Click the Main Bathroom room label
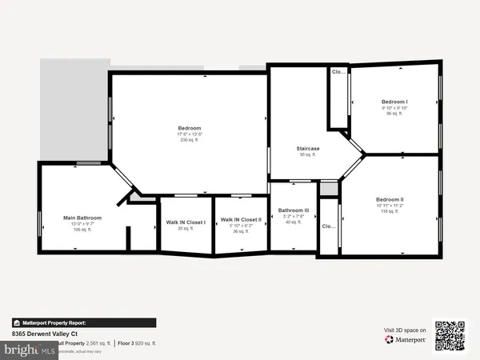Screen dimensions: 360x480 82,217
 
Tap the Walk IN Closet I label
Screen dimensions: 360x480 186,222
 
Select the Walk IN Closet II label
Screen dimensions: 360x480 241,218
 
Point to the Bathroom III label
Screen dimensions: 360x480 293,210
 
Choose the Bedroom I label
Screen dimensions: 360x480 394,102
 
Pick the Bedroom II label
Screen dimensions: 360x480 390,198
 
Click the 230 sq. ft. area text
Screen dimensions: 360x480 190,140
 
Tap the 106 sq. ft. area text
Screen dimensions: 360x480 82,229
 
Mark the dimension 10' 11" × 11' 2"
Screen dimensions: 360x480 390,205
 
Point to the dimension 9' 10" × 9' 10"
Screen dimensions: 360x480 394,108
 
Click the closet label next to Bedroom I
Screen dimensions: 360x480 338,72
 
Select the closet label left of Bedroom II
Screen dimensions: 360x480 328,226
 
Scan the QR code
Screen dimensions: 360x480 450,336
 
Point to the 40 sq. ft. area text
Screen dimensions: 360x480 293,222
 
